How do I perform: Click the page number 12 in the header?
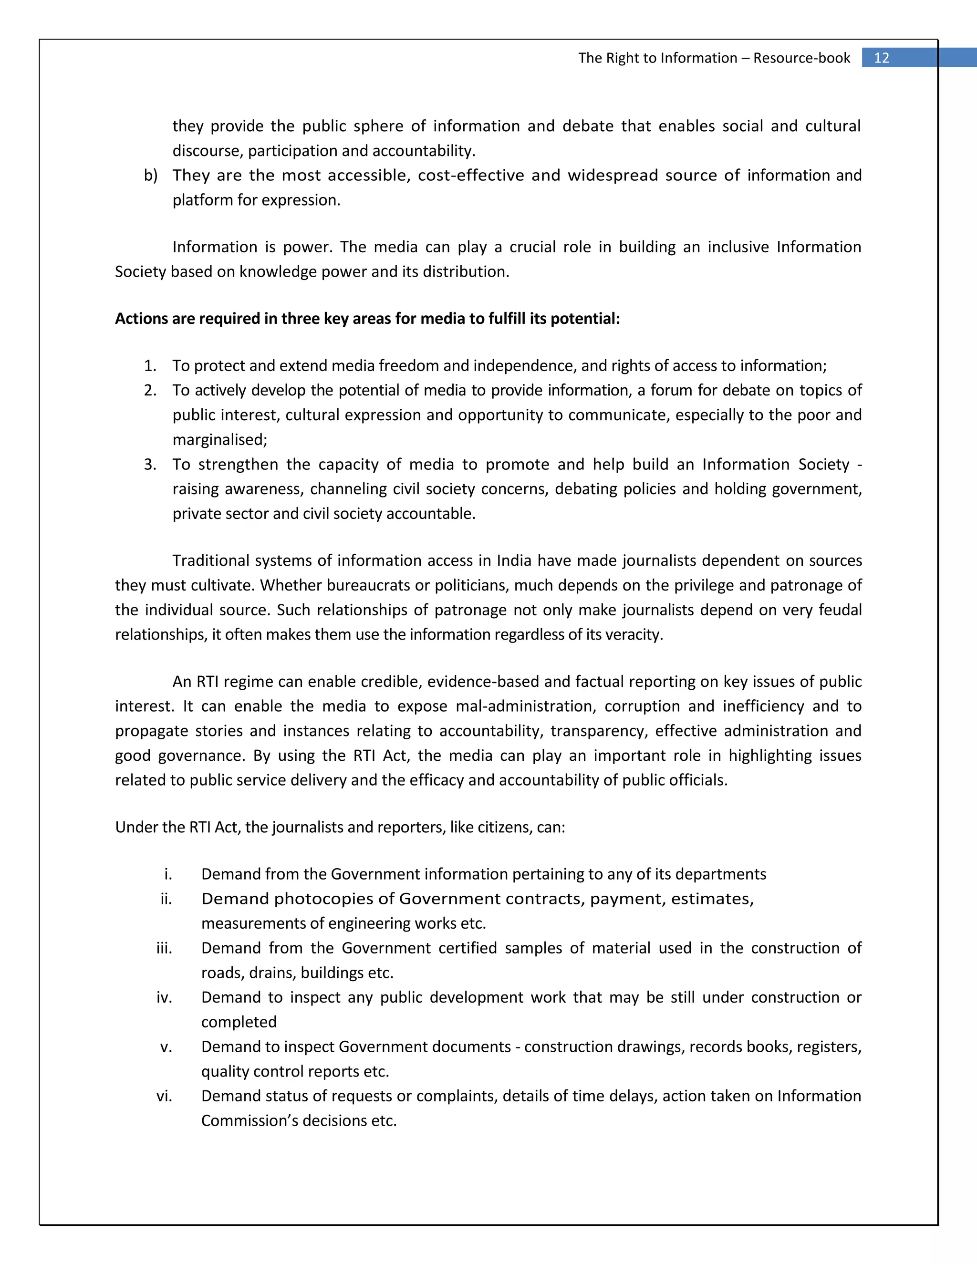point(881,58)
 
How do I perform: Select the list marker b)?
point(150,176)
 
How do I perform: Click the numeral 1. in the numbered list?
point(150,366)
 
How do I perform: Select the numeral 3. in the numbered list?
point(150,465)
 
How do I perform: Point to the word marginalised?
point(220,440)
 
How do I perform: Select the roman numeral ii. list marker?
point(166,899)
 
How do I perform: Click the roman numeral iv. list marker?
point(165,998)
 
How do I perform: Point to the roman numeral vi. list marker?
point(165,1096)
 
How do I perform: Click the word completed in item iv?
point(239,1023)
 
